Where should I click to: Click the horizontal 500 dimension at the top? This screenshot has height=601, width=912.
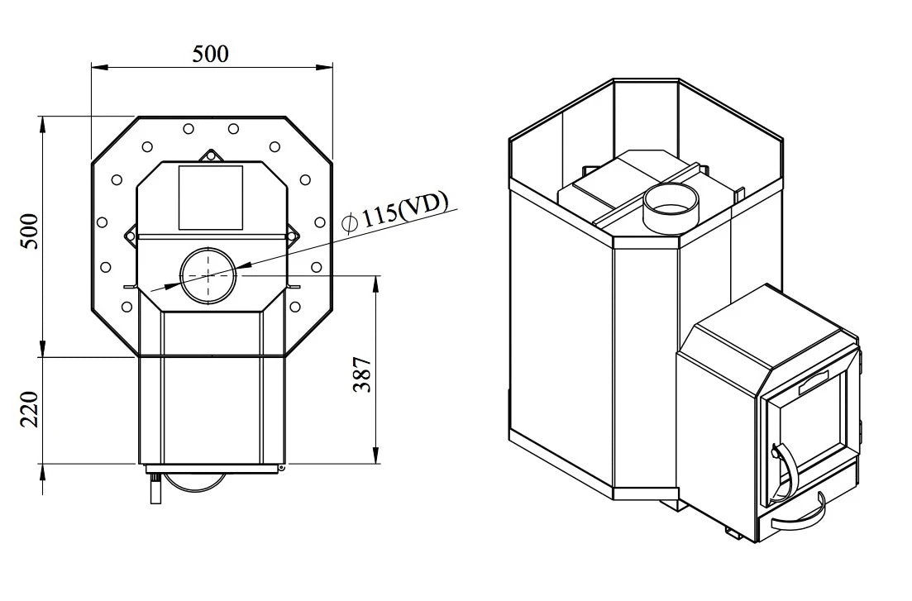(211, 54)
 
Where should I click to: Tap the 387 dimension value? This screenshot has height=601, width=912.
(363, 374)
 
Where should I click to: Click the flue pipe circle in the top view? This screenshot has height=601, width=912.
(208, 274)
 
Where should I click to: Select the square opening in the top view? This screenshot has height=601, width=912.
(210, 198)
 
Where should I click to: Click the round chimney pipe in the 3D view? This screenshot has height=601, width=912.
(671, 208)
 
